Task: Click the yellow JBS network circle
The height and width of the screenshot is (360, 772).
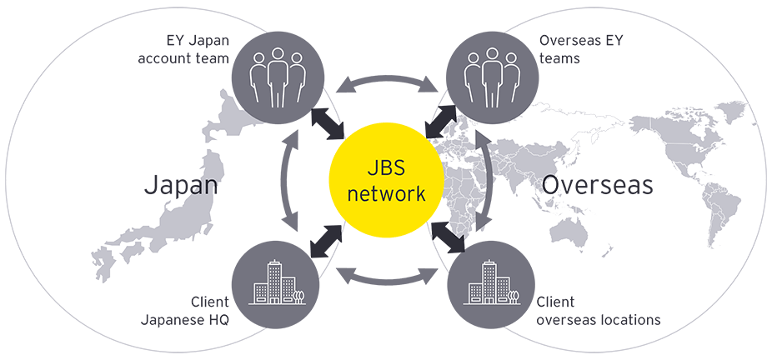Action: click(x=385, y=180)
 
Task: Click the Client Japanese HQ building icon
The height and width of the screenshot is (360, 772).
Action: click(x=278, y=286)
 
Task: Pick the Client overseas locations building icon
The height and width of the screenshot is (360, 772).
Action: click(x=492, y=286)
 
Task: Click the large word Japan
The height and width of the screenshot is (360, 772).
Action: click(x=181, y=185)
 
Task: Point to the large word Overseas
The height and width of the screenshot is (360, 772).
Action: click(x=597, y=185)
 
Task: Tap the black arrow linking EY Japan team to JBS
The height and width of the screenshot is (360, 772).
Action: click(x=328, y=122)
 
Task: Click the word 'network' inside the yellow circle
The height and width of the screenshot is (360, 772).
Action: click(x=385, y=194)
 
